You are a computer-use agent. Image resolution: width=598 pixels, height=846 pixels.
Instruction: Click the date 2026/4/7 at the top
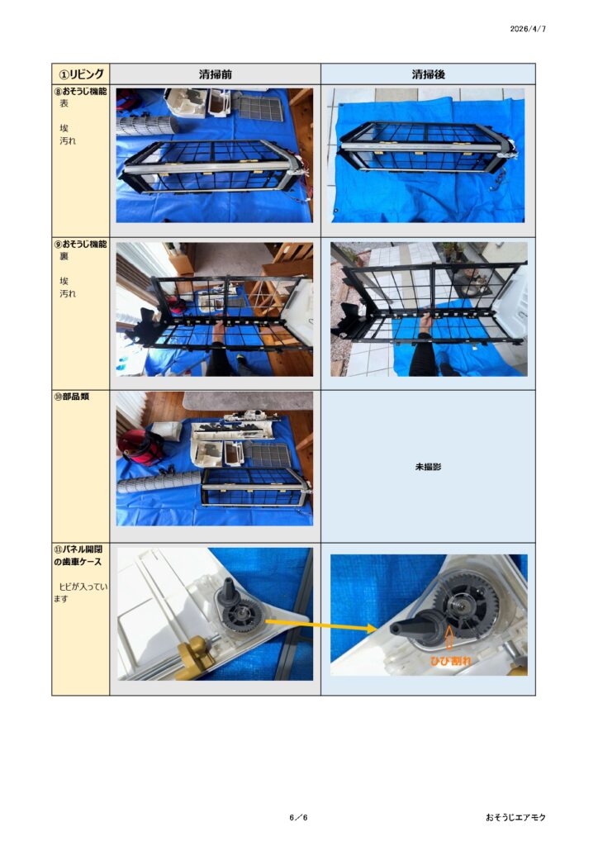pos(528,29)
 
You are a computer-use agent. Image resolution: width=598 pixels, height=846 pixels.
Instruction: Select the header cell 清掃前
pos(215,74)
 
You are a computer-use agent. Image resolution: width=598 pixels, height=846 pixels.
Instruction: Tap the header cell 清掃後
pos(428,74)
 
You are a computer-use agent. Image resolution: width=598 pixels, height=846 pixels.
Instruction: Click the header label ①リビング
pos(81,74)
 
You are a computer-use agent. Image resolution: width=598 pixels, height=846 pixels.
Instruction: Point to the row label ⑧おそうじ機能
pos(80,92)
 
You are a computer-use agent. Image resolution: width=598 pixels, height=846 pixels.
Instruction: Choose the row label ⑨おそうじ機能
pos(80,245)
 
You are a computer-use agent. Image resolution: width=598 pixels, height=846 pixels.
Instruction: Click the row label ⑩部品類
pos(71,397)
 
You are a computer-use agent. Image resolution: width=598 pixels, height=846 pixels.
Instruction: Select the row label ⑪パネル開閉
pos(78,549)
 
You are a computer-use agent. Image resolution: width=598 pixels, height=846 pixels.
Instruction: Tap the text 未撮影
pos(428,468)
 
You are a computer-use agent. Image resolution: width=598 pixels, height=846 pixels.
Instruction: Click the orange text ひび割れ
pos(450,660)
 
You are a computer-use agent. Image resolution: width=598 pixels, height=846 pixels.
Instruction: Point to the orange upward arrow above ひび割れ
pos(449,640)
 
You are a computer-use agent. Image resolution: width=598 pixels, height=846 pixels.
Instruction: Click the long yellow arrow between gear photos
pos(320,625)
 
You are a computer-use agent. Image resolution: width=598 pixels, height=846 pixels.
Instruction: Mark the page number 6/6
pos(298,817)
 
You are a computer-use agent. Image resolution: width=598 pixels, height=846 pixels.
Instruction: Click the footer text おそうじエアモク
pos(515,817)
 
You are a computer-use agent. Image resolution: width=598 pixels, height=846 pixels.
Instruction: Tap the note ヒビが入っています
pos(80,592)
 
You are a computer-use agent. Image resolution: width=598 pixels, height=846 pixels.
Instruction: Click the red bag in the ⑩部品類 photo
pos(140,447)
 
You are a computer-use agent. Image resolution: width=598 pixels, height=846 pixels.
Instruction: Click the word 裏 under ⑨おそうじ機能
pos(64,257)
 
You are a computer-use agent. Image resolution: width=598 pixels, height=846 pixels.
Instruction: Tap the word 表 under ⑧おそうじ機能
pos(64,104)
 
